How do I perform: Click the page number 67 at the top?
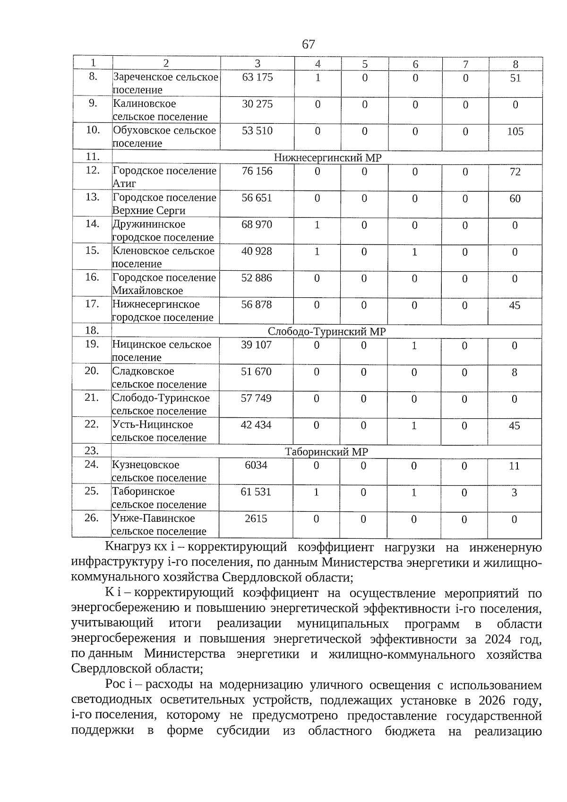(308, 44)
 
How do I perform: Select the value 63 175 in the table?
(257, 77)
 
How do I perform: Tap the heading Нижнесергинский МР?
(327, 158)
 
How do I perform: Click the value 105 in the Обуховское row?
(515, 131)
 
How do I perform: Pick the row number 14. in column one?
(92, 224)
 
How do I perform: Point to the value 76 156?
(257, 171)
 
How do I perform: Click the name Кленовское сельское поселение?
(163, 258)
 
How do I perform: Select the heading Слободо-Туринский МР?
(326, 332)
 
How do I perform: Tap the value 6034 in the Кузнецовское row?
(256, 466)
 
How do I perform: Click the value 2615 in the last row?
(256, 519)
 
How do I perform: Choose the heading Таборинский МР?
(326, 452)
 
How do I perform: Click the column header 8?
(515, 64)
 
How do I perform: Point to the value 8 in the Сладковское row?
(515, 372)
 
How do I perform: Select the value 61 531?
(256, 492)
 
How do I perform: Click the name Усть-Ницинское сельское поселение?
(159, 431)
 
